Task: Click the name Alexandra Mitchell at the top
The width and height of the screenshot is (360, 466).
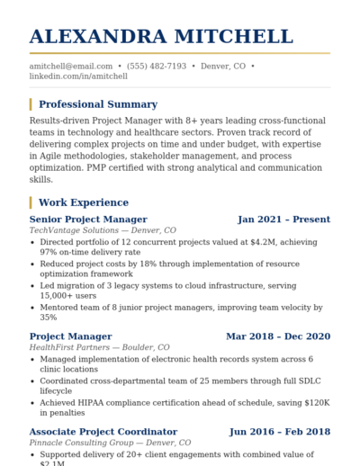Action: (161, 37)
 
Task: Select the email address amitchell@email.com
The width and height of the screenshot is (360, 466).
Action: (71, 67)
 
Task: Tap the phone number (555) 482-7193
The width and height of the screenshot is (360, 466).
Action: (157, 67)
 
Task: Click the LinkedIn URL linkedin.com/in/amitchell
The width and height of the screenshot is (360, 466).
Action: (78, 76)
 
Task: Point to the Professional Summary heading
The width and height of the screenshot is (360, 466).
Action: (98, 104)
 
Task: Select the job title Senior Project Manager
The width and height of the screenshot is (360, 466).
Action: (88, 220)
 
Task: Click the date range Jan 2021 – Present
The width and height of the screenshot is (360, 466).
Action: (283, 220)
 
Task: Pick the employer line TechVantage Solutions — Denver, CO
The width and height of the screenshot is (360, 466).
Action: (103, 230)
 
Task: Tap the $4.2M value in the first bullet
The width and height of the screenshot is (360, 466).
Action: (258, 242)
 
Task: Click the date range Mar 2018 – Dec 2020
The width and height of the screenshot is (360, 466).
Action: (278, 336)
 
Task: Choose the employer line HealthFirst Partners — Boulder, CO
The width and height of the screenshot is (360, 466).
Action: (99, 347)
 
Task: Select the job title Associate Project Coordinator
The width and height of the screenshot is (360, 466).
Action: (103, 432)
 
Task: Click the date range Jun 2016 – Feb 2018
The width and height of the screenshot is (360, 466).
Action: (280, 432)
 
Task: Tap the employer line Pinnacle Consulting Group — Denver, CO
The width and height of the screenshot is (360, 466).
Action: (110, 443)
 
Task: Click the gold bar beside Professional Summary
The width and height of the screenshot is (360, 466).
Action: (31, 104)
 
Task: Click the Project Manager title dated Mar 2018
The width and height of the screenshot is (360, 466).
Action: (70, 336)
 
